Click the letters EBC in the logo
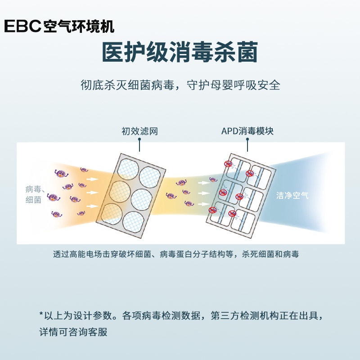click(x=22, y=26)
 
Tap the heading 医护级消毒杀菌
click(x=180, y=52)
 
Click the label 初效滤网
click(x=139, y=131)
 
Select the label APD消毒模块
click(x=247, y=131)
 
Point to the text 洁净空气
click(x=292, y=195)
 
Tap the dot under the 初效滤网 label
click(x=139, y=139)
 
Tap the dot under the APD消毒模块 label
click(x=247, y=139)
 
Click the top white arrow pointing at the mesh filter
click(x=93, y=179)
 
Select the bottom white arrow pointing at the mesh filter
click(x=93, y=206)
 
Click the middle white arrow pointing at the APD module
click(x=204, y=193)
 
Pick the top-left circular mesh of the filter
click(x=128, y=169)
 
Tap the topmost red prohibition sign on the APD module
click(x=228, y=163)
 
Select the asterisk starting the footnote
click(x=41, y=314)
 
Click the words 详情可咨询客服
click(x=73, y=332)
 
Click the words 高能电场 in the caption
click(x=85, y=254)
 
